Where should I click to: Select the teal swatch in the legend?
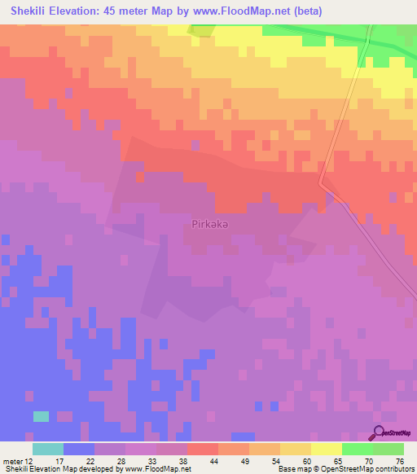(48, 448)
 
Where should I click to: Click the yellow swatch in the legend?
(326, 448)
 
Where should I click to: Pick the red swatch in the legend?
(202, 448)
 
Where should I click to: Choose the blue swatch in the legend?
(79, 448)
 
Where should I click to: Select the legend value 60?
(305, 460)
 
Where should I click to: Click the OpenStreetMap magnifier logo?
(380, 433)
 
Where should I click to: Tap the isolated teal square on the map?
(41, 416)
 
